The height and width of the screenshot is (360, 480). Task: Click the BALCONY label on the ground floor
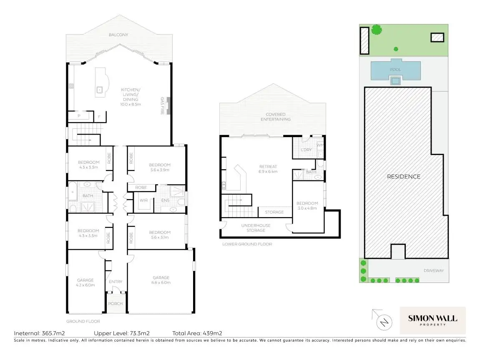point(119,35)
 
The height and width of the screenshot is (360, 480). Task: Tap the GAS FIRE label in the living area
point(163,106)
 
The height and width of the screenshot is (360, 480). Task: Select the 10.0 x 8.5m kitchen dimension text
point(131,104)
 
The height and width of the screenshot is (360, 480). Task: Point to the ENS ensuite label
point(165,200)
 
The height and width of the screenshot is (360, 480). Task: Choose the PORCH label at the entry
point(116,303)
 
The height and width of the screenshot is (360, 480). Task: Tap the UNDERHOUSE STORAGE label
point(256,228)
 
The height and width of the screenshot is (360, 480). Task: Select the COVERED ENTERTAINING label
point(276,117)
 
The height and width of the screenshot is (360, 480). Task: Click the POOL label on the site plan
point(395,70)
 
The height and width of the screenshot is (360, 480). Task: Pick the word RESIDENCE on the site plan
point(403,176)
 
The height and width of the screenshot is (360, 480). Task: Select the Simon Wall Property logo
point(432,320)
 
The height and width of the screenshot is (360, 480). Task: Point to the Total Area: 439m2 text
point(197,333)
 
